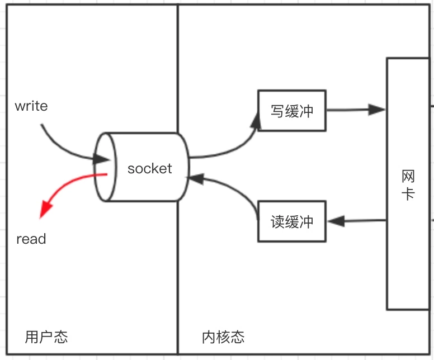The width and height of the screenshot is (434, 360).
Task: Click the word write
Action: [x=31, y=106]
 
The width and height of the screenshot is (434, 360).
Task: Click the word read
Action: [x=31, y=239]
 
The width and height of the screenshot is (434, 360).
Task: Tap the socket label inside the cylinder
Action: [x=150, y=168]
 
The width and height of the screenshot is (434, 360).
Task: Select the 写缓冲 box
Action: [x=291, y=111]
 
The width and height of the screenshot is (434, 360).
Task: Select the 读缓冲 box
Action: [x=291, y=221]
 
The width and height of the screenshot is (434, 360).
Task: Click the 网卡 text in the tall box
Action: [x=408, y=184]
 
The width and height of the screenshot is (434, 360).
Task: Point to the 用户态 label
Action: [x=46, y=337]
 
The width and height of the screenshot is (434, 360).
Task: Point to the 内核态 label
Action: [x=223, y=337]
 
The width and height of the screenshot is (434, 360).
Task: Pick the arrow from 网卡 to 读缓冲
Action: [x=358, y=221]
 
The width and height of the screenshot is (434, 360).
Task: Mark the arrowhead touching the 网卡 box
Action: [x=378, y=110]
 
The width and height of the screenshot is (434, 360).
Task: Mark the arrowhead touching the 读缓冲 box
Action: [x=335, y=221]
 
